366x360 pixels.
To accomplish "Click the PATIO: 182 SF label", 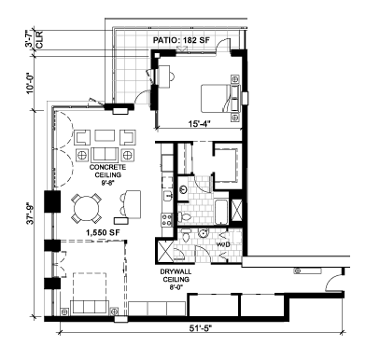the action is tap(181, 40).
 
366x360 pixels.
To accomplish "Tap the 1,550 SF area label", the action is tap(103, 232).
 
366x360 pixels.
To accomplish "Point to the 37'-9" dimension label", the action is tap(30, 214).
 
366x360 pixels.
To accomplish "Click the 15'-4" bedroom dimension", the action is tap(199, 124).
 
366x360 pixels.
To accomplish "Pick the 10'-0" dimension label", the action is tap(30, 83).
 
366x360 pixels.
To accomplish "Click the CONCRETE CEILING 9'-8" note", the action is tap(107, 175).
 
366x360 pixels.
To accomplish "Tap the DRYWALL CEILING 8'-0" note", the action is tap(176, 280).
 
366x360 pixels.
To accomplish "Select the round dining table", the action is tap(87, 208).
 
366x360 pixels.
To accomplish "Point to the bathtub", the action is tap(221, 212).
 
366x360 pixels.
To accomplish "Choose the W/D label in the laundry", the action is tap(223, 244).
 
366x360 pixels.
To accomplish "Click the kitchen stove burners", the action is tap(167, 219).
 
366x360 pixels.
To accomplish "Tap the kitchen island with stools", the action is tap(130, 204).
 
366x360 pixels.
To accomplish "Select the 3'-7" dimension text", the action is tap(30, 40).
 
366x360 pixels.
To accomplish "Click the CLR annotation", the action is tap(40, 40).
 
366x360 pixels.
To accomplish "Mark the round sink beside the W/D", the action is tap(204, 233).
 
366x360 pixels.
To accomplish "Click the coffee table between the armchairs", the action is tap(105, 136).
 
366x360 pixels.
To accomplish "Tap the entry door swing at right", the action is tap(333, 283).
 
